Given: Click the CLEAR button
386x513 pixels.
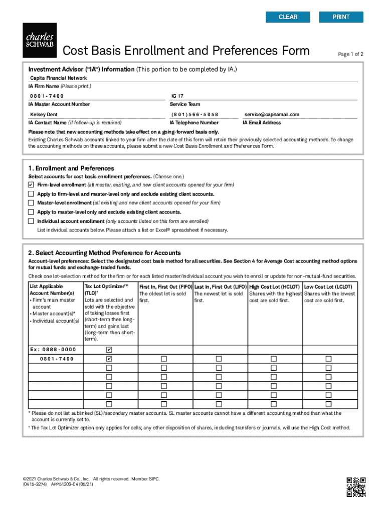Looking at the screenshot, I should [288, 17].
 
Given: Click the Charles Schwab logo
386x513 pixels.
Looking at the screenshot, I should [40, 40].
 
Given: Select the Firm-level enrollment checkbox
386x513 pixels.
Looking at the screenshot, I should [31, 185].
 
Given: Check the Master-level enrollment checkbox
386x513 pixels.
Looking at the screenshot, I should [31, 203].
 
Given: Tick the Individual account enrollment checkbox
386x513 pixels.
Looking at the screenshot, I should [31, 221].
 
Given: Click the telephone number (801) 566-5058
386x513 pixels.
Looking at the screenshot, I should [195, 114].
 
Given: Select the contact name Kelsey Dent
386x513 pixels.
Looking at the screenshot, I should [44, 114].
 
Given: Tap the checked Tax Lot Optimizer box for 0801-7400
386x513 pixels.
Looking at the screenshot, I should [109, 359].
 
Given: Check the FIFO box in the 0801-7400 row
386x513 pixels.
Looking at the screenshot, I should [164, 359].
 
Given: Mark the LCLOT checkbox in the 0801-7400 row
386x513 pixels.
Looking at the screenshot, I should [329, 359].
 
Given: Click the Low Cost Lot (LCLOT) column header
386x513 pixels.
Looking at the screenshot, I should [328, 287].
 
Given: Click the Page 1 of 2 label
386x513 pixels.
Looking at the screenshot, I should [351, 54].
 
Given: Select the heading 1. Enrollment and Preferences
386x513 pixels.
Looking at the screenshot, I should [71, 168].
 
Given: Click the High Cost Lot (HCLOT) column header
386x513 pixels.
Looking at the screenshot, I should [275, 287].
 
